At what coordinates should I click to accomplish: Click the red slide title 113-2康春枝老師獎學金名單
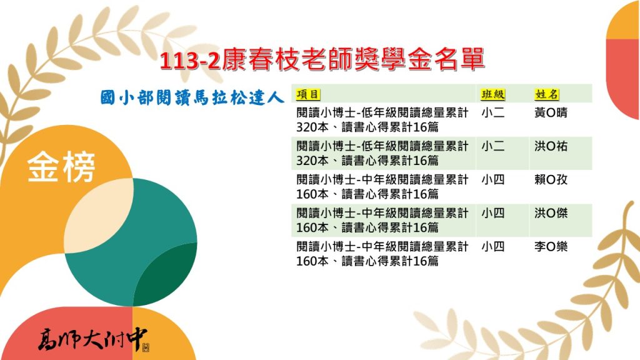[322, 59]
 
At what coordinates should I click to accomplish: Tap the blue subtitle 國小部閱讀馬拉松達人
[192, 98]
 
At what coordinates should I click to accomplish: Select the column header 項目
[307, 95]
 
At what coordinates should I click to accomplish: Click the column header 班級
[493, 95]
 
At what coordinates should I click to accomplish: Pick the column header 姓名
[546, 95]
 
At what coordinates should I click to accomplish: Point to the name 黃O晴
[551, 112]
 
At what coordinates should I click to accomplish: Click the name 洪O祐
[551, 146]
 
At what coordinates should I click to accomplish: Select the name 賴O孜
[551, 179]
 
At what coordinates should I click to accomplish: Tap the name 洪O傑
[551, 213]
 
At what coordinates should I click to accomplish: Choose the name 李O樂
[551, 246]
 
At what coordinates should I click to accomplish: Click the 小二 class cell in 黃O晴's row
[493, 112]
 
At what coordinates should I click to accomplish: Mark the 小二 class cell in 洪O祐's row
[493, 146]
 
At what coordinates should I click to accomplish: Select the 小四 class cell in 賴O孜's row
[493, 179]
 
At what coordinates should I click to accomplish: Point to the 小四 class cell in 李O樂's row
[493, 246]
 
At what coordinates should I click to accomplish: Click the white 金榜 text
[61, 166]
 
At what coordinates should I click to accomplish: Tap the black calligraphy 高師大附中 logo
[94, 339]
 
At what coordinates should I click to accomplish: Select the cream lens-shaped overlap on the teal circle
[98, 216]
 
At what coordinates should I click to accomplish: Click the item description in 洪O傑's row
[382, 221]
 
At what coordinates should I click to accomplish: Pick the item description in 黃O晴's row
[382, 120]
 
